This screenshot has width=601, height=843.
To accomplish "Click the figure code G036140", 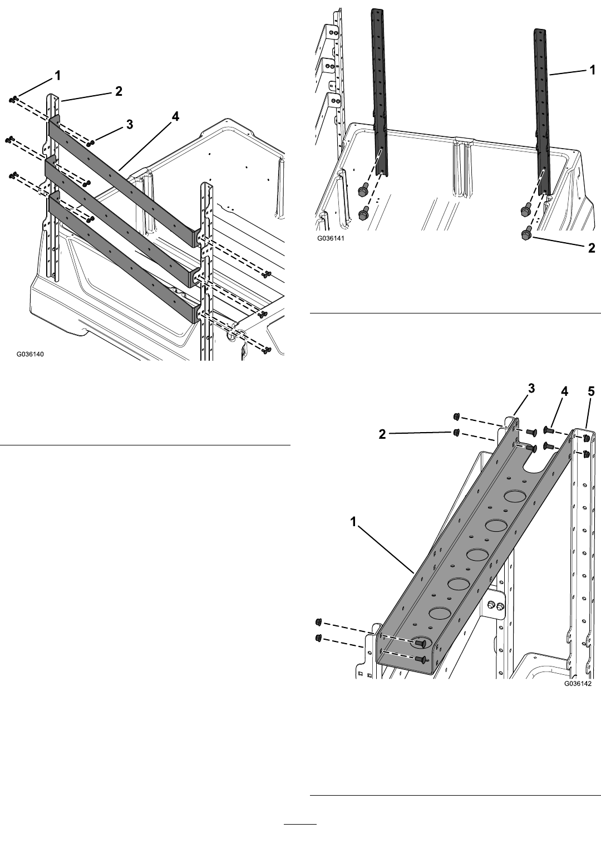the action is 29,354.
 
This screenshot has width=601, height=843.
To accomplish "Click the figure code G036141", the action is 331,238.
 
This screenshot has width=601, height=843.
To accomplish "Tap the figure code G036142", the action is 577,683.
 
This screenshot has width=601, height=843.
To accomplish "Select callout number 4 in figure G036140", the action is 175,117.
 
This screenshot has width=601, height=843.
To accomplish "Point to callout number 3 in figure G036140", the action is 129,125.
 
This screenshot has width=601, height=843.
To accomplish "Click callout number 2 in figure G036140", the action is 119,91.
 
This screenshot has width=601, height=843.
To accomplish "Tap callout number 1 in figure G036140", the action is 57,76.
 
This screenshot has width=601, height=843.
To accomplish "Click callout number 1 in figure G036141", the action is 592,70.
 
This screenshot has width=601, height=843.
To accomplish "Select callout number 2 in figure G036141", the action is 592,248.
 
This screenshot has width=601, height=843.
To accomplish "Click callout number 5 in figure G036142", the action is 591,392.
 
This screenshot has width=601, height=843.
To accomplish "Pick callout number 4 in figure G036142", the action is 564,392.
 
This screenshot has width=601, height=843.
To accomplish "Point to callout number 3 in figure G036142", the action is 531,389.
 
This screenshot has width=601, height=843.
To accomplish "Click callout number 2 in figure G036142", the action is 382,434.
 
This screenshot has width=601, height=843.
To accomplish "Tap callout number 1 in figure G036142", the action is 353,522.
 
